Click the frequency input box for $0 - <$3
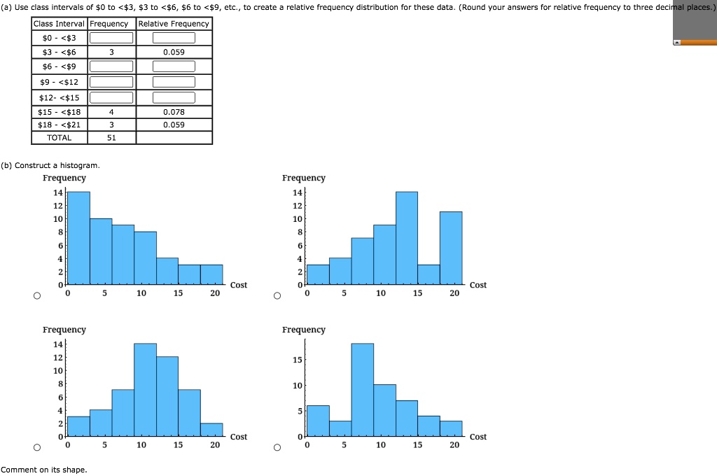[111, 38]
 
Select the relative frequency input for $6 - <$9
[174, 66]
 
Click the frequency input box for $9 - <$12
[111, 82]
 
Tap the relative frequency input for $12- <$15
[174, 97]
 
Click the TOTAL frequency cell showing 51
[111, 138]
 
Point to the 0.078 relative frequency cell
[174, 112]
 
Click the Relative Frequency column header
[174, 24]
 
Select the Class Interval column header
[60, 24]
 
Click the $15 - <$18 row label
[60, 112]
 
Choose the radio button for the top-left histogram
[36, 296]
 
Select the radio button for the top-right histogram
[277, 296]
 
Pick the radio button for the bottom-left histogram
[36, 447]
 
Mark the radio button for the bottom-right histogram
[277, 447]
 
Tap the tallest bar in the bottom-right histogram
[363, 391]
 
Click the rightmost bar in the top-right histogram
[451, 248]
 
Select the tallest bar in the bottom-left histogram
[145, 391]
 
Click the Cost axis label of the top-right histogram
[478, 285]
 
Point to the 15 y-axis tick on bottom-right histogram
[297, 360]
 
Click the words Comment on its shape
[44, 470]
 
